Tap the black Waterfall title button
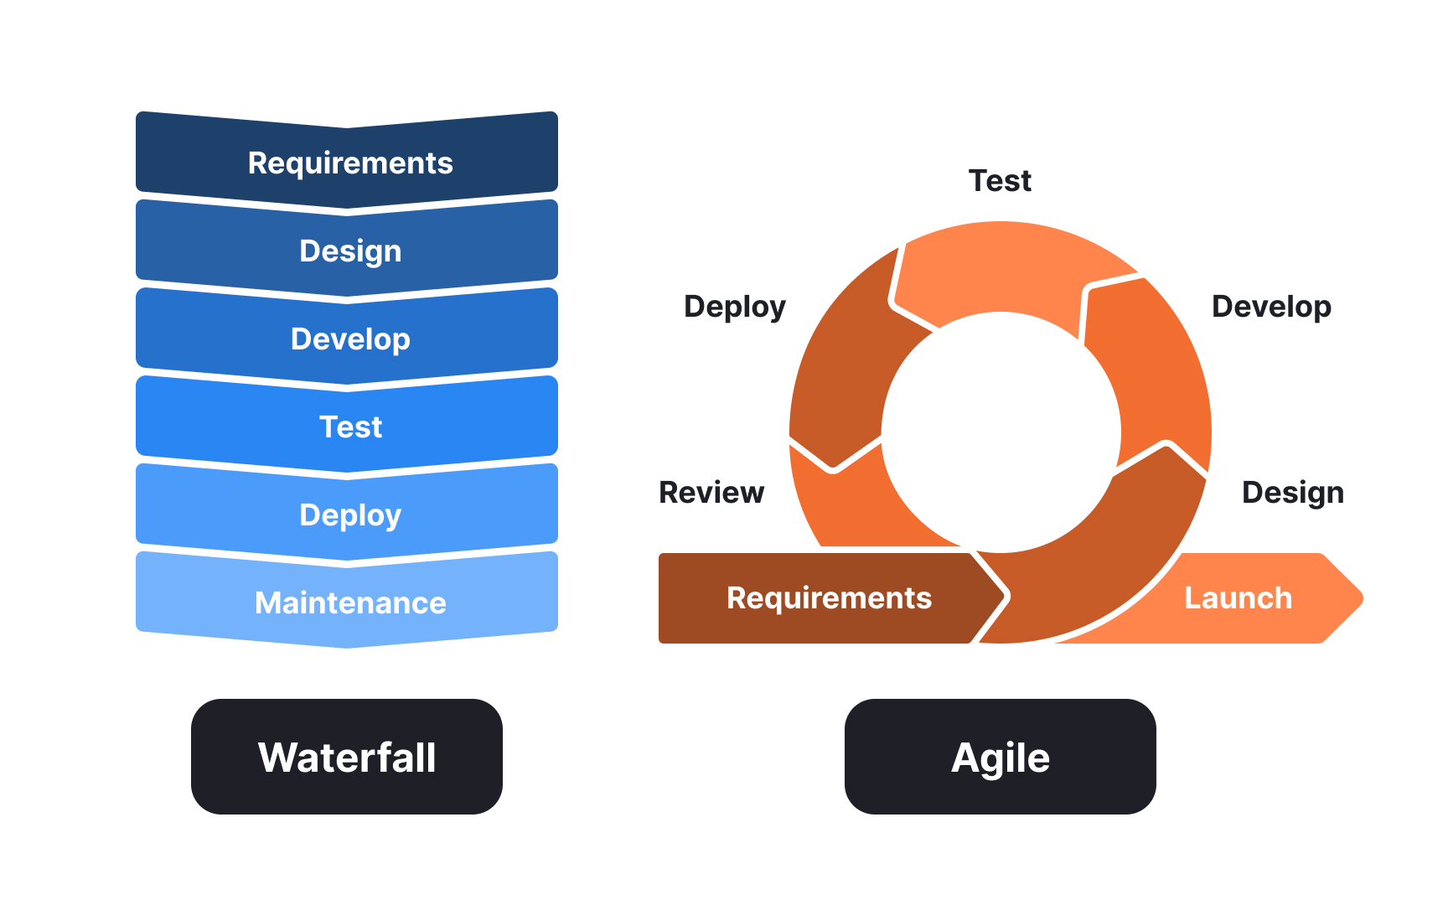pos(347,757)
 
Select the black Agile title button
pos(1000,757)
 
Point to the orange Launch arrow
pos(1249,598)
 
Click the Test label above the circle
pos(1000,181)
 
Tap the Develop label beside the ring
pos(1271,307)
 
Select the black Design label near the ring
pos(1292,493)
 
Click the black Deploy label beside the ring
pos(735,307)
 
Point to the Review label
pos(711,493)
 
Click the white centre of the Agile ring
pos(1001,432)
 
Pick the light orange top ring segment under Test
pos(1006,266)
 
